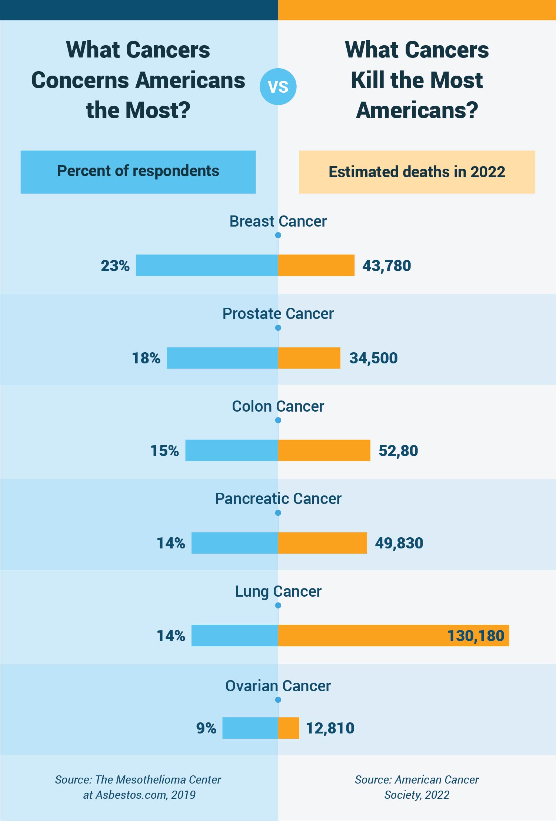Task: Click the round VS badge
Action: pos(278,86)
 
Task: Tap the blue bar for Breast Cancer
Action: pos(207,265)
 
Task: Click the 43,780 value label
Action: pos(386,266)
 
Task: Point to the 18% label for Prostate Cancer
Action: pos(146,358)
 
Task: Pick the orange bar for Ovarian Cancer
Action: pos(289,728)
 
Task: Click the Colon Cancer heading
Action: pos(278,406)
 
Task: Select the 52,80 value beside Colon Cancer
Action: pos(398,451)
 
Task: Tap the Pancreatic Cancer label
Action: pos(278,499)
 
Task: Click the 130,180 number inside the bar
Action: pos(476,636)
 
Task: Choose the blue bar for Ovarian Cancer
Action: pos(250,728)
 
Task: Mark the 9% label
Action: pos(206,728)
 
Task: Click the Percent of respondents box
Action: pos(138,172)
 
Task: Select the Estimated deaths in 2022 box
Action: pos(417,172)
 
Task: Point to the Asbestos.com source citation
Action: pos(138,787)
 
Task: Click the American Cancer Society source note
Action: pos(417,787)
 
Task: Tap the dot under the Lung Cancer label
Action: pos(278,606)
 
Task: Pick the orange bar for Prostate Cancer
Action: pos(309,358)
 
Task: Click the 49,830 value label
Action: pos(399,543)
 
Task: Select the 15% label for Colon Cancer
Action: pos(164,451)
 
